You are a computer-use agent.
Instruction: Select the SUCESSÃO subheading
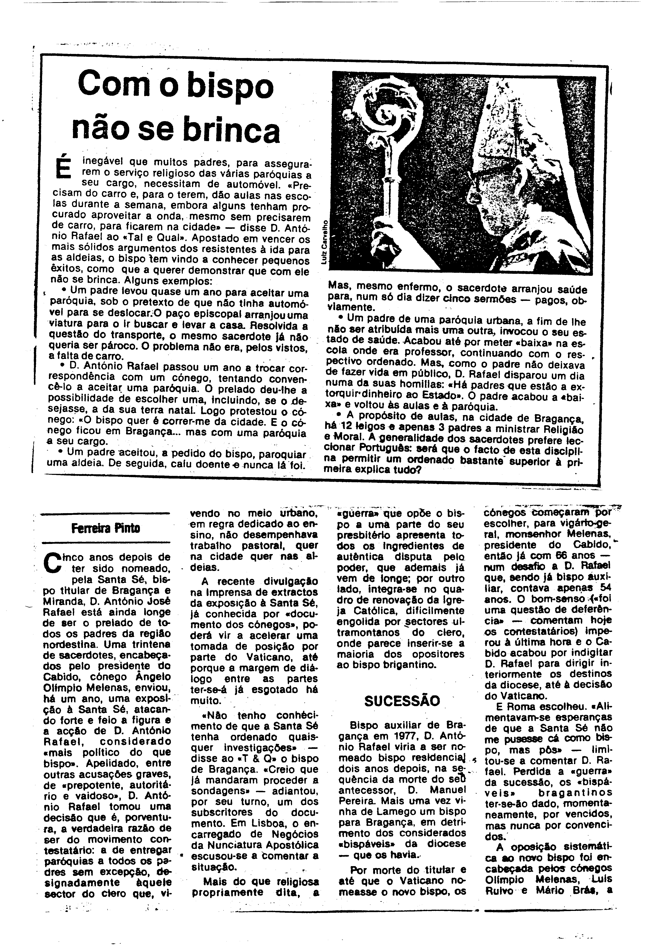[x=402, y=701]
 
